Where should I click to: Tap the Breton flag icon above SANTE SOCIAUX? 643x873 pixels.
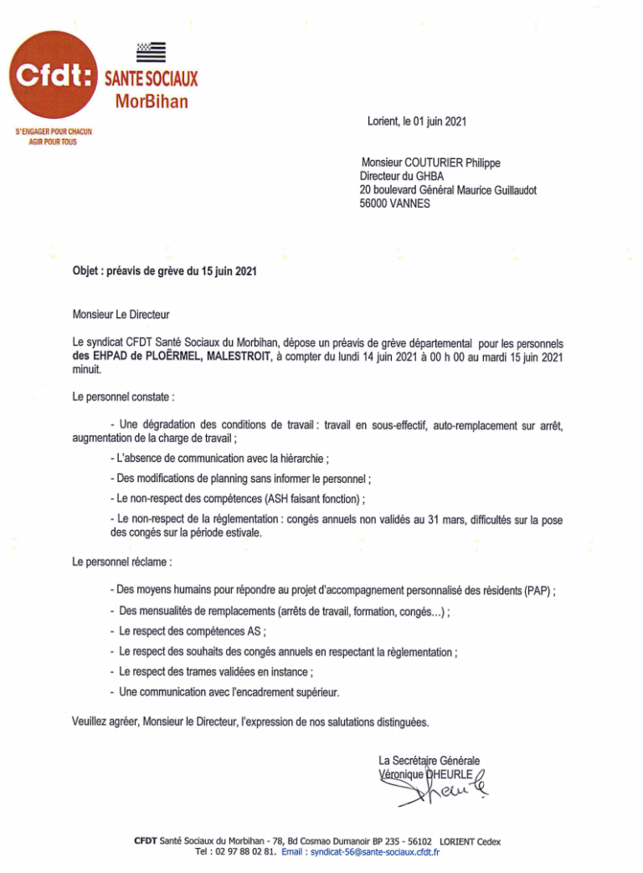pos(151,53)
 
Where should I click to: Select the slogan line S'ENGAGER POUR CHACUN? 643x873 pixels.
pos(54,132)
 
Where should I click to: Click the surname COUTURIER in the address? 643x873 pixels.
pos(436,163)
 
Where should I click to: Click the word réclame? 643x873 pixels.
pos(153,562)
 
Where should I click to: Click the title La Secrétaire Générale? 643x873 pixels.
pos(429,761)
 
